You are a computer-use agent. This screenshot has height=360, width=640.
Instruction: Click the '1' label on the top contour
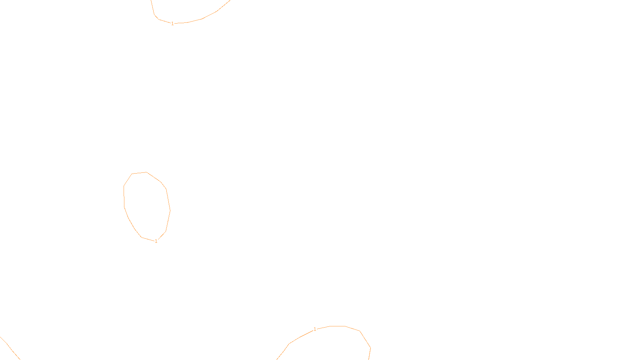point(172,24)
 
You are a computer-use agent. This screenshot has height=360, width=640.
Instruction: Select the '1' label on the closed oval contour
point(156,241)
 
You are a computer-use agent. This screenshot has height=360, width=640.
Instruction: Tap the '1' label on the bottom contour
point(315,329)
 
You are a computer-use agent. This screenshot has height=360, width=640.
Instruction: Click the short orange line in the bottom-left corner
point(10,348)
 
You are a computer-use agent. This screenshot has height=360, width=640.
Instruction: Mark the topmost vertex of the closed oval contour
point(146,172)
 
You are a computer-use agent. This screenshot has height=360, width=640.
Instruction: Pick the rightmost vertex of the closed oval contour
point(170,210)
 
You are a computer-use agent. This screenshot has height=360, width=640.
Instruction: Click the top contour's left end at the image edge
point(151,1)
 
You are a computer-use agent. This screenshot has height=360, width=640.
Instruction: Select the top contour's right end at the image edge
point(230,1)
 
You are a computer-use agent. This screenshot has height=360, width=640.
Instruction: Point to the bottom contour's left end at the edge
point(277,359)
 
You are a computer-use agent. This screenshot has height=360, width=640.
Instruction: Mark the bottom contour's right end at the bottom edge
point(369,359)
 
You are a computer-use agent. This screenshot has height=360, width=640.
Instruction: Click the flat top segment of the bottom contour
point(337,326)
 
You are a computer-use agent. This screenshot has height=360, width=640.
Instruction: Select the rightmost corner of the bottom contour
point(370,348)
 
